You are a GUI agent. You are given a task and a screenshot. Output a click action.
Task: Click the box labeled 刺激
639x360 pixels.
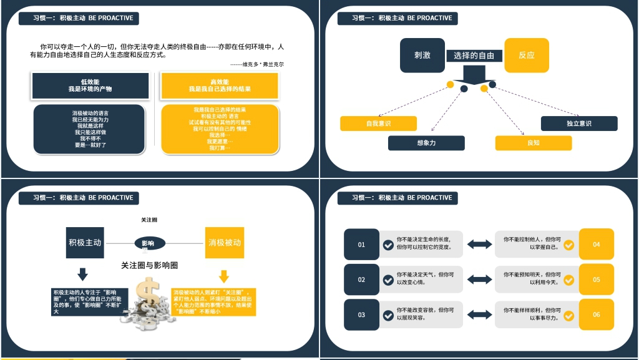422,55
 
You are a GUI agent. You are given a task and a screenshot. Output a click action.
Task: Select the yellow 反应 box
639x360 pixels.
526,55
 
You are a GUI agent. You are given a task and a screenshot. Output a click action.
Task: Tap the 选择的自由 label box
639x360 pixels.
474,56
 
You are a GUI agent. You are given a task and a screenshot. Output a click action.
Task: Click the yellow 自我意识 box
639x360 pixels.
378,124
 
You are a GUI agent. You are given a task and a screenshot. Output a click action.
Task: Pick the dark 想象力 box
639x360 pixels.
426,143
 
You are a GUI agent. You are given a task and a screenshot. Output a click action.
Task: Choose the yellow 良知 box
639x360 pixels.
533,143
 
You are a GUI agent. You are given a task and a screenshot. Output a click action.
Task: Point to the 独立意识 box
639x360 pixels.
578,124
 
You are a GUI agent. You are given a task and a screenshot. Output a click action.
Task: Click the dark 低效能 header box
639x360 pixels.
90,85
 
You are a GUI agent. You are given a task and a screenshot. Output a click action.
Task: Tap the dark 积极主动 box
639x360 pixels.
84,243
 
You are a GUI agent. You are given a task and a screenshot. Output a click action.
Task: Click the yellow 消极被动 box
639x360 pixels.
224,243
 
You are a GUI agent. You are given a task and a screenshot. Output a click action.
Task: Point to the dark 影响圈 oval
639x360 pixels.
149,243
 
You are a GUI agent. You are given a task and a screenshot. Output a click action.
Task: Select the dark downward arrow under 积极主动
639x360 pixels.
82,274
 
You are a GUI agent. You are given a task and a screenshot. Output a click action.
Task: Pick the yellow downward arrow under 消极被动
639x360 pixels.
224,275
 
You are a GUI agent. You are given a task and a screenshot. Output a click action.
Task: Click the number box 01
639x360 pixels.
361,245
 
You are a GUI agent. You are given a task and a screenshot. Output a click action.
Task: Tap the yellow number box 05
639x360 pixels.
597,280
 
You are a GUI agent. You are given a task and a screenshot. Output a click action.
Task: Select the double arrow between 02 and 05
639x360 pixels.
479,280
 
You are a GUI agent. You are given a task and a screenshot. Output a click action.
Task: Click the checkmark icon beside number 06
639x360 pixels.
568,316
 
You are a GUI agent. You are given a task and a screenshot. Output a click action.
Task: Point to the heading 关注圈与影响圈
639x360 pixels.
149,265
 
